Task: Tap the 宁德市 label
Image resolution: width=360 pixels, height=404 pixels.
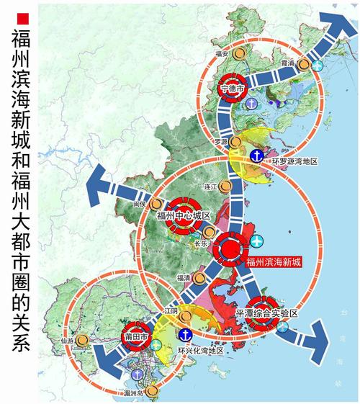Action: click(x=232, y=89)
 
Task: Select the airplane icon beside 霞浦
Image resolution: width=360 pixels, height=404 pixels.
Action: click(x=318, y=66)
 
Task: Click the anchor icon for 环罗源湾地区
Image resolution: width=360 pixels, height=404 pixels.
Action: click(x=256, y=154)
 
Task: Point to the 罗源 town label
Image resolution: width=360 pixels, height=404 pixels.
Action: click(x=220, y=143)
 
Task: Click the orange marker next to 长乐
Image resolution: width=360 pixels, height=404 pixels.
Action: click(x=209, y=231)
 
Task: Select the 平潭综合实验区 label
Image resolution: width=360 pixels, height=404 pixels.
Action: click(x=266, y=315)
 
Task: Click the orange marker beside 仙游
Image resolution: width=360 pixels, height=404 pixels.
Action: click(x=84, y=339)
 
